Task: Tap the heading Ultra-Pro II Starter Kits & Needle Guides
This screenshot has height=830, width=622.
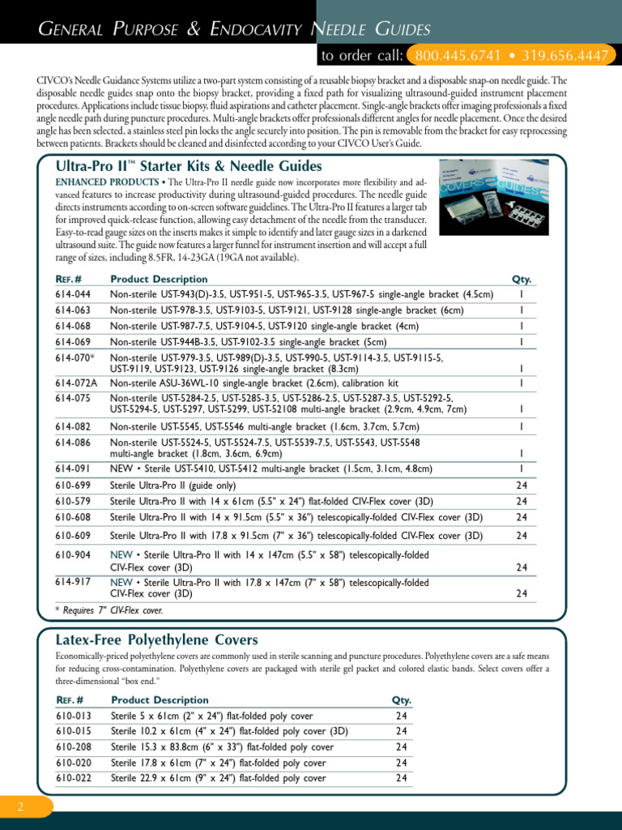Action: [x=189, y=166]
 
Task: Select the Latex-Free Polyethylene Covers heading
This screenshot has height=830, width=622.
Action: [x=156, y=640]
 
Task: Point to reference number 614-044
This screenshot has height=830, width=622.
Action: [x=73, y=294]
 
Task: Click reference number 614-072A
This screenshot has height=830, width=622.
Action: [x=76, y=383]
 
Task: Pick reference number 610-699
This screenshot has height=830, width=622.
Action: [x=73, y=485]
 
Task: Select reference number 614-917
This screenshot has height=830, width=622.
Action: [x=73, y=582]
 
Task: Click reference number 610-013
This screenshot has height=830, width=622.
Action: [x=73, y=716]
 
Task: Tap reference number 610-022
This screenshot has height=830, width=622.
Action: [x=73, y=778]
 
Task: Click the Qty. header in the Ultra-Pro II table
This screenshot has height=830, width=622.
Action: [x=522, y=279]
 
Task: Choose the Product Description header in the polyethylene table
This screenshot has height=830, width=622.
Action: [x=160, y=700]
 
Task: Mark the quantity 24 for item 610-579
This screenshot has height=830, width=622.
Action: [x=522, y=501]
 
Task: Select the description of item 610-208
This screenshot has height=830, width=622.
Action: [x=222, y=747]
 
